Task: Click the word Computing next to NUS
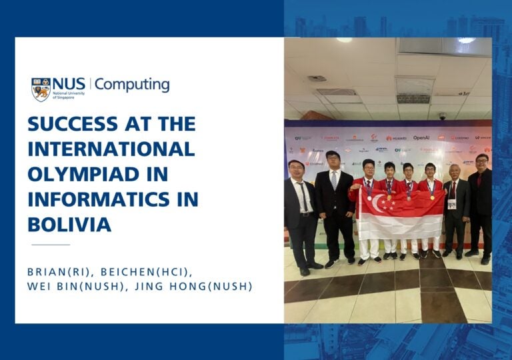click(x=131, y=85)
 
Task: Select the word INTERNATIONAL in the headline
click(x=111, y=149)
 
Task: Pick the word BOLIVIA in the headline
click(x=69, y=225)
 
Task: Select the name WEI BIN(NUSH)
click(x=67, y=287)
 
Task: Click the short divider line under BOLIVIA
click(x=51, y=245)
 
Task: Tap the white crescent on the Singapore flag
click(x=379, y=203)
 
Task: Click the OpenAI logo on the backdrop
click(x=421, y=138)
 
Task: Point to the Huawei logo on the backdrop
click(x=396, y=138)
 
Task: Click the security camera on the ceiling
click(x=442, y=116)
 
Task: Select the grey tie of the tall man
click(x=334, y=181)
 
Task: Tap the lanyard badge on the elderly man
click(x=451, y=204)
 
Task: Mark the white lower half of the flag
click(x=400, y=227)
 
